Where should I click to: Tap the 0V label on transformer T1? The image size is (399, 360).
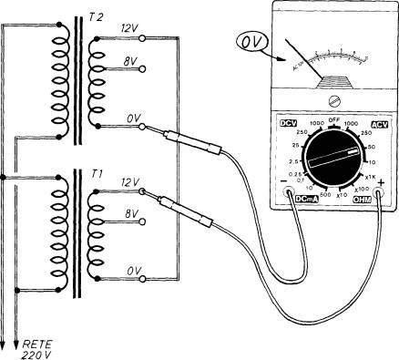[128, 271]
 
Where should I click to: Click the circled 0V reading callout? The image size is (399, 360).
[251, 42]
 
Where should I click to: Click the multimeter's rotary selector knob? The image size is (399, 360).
[332, 162]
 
